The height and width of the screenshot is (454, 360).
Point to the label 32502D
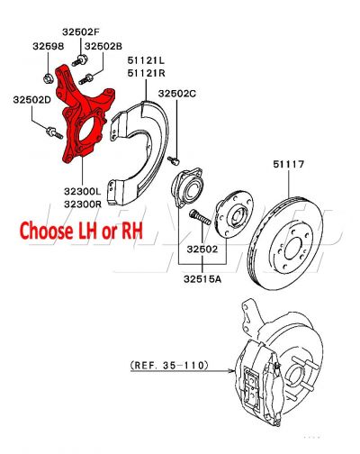coord(31,101)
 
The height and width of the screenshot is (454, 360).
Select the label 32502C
coord(177,93)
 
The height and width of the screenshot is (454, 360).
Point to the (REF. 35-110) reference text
coord(168,365)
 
